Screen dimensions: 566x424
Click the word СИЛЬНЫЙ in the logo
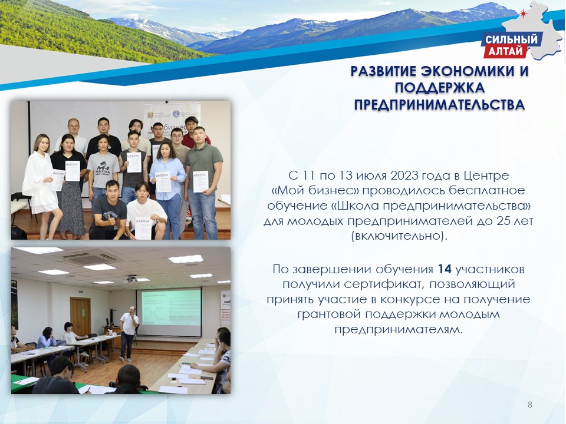[511, 39]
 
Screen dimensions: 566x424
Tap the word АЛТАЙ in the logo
[505, 51]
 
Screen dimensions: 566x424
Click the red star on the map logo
[524, 14]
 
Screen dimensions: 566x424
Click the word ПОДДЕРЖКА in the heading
[439, 88]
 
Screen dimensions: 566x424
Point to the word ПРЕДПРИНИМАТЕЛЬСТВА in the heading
[439, 105]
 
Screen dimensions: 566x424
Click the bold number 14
[445, 269]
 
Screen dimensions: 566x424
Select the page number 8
[530, 405]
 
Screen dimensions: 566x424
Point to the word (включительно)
[399, 236]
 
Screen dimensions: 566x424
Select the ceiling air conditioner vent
[91, 258]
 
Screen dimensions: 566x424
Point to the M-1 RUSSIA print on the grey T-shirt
[103, 168]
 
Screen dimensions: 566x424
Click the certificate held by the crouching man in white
[143, 228]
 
